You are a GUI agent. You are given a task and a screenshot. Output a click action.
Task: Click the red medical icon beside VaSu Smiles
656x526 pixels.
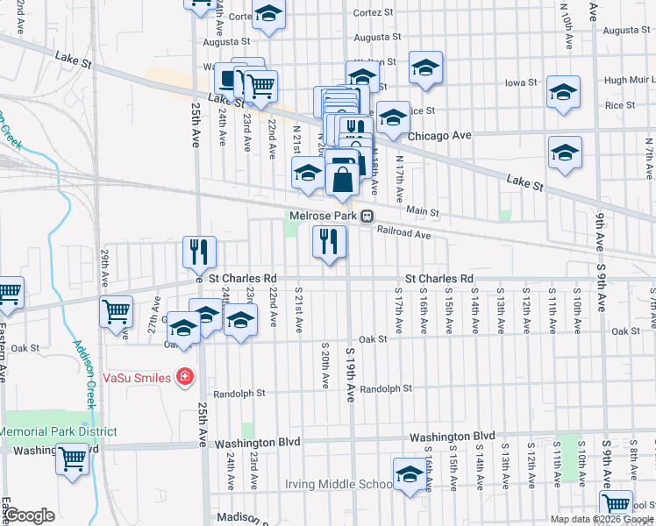coord(184,378)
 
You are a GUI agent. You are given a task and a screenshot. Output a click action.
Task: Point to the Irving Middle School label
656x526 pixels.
coord(339,484)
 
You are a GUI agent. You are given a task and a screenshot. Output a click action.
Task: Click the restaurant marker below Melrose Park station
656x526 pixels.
coord(329,240)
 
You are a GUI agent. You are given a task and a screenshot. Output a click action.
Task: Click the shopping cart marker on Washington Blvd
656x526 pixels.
coord(73,458)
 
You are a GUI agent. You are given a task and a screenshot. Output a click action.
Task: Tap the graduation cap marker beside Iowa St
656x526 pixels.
coord(563,92)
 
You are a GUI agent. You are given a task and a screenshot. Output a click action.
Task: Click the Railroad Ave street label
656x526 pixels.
coord(404,234)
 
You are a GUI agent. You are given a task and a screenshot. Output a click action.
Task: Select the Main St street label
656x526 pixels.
coord(422,211)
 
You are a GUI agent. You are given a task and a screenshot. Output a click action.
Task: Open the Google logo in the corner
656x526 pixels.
coord(29,515)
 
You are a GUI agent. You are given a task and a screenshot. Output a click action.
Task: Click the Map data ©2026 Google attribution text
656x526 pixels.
coord(602,519)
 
